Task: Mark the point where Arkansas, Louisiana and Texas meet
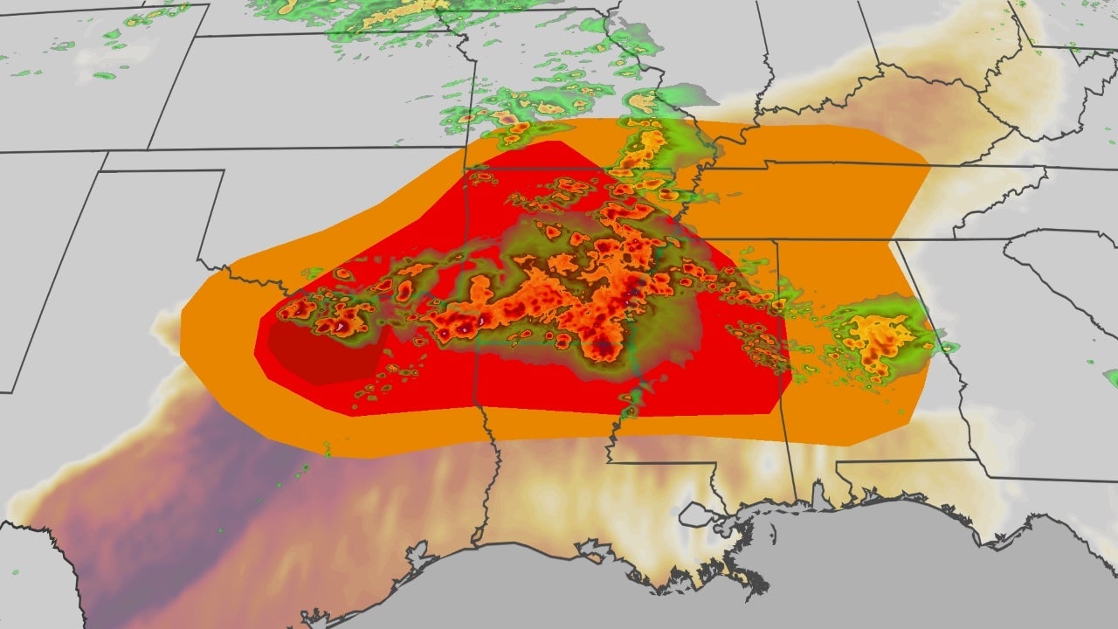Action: point(475,404)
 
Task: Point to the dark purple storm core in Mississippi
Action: point(604,349)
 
